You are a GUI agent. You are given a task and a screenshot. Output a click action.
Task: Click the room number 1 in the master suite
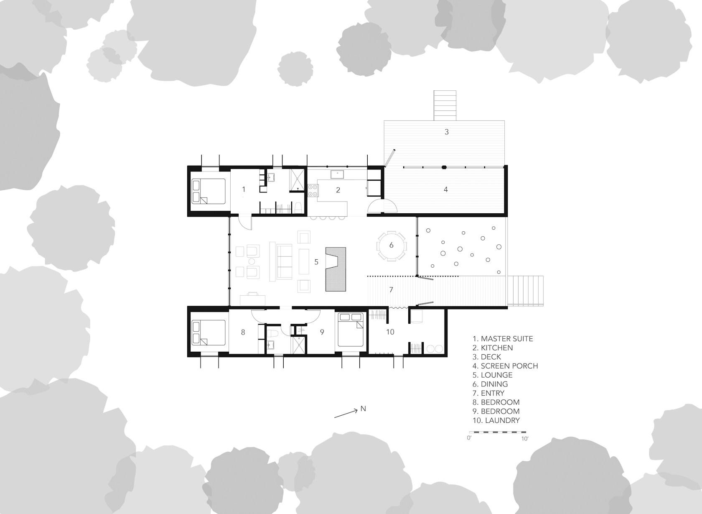244,189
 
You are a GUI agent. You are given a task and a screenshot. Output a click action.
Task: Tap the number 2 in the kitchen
338,190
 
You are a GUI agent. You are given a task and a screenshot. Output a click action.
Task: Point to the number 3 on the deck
447,132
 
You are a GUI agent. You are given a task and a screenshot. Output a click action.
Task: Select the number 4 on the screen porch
445,189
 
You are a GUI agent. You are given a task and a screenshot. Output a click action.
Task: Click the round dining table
392,245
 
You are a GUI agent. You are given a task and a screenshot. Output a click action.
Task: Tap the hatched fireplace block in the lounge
336,269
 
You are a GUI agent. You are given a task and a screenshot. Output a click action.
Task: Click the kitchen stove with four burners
313,190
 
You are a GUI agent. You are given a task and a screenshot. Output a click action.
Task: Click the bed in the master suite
209,191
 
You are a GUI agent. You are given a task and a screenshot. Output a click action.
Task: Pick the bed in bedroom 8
209,333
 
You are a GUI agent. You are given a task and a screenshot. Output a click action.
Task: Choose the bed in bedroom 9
351,330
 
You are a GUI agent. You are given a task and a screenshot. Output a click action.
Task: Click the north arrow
346,413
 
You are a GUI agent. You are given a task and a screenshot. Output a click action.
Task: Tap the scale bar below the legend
499,432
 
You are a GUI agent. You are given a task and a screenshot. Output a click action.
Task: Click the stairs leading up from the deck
445,105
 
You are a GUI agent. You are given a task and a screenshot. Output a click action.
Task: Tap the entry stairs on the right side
525,291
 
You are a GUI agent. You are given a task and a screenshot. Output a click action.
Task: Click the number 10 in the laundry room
390,332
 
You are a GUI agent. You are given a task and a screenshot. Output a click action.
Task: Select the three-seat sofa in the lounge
284,262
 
